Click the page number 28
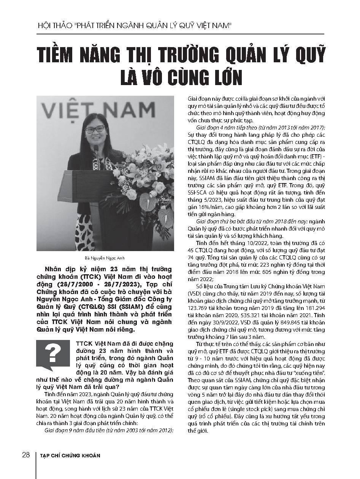(x=25, y=455)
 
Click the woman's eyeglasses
(x=95, y=130)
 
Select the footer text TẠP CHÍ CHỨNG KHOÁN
(x=70, y=455)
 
